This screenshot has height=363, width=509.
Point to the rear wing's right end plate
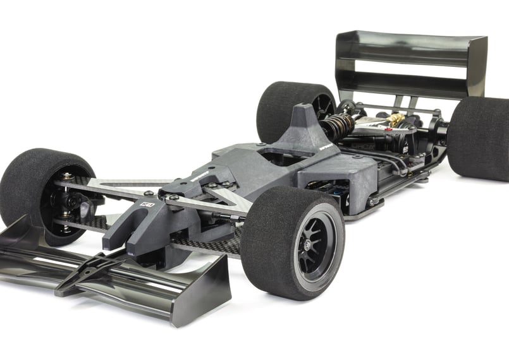(x=477, y=66)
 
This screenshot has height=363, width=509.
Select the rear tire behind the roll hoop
(x=291, y=110)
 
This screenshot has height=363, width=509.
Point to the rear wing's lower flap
(x=405, y=82)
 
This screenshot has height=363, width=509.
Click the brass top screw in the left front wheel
(x=66, y=176)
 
